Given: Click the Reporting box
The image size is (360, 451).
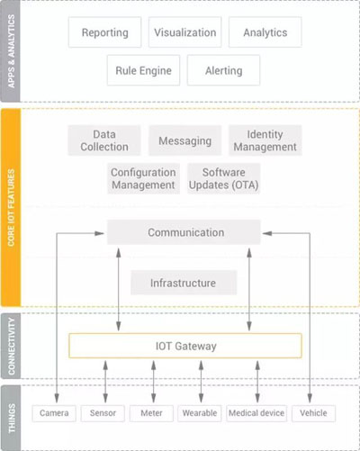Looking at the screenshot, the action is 104,32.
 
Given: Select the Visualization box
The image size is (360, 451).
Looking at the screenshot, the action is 185,32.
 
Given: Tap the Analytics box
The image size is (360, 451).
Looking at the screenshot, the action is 265,32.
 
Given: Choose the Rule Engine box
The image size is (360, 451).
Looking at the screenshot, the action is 143,70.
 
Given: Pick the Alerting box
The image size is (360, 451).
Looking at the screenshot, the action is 223,70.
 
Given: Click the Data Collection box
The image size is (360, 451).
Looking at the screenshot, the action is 104,140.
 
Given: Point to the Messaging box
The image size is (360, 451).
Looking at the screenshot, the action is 185,140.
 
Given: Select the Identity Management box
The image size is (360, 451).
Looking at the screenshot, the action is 265,140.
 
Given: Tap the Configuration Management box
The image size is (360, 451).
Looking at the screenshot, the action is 143,178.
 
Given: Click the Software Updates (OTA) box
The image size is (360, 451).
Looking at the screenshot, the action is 223,178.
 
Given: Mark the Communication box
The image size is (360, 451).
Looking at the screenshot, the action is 184,232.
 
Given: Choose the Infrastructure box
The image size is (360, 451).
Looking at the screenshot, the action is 184,283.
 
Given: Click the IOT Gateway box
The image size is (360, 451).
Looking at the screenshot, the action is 185,346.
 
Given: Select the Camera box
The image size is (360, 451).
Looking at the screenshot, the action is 54,413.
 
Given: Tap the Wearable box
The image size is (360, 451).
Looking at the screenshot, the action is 200,413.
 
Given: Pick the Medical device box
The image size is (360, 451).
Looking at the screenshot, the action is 256,413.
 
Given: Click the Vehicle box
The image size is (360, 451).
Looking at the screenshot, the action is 313,413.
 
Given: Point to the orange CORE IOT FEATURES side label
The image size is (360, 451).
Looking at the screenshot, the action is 11,208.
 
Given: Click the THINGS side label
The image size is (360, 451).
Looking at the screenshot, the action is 11,418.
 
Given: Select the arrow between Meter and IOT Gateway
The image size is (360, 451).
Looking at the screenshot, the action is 153,382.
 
